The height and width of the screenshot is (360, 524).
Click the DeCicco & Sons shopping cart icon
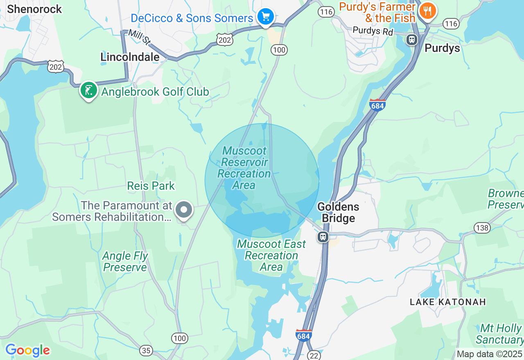point(266,17)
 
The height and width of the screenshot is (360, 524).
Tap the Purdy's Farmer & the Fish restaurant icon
point(427,11)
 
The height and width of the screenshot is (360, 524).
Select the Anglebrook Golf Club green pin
point(88,90)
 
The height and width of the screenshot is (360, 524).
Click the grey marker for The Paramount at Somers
point(184,210)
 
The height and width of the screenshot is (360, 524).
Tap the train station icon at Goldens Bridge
point(323,236)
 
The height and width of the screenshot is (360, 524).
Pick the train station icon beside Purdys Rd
point(411,40)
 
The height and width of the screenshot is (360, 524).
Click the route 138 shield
point(482,227)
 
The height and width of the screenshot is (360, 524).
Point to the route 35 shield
point(146,350)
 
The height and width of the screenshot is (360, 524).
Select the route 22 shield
point(314,355)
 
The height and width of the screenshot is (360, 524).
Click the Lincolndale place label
point(130,57)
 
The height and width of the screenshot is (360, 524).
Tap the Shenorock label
point(34,9)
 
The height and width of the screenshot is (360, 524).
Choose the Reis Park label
point(151,186)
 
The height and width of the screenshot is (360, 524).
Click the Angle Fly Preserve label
point(125,261)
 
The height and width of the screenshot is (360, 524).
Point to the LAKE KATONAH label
point(447,302)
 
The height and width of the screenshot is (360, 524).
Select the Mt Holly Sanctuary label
point(500,334)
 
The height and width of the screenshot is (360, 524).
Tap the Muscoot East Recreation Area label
point(271,255)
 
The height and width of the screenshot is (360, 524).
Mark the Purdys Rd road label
point(373,31)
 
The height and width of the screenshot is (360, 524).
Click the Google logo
point(27,350)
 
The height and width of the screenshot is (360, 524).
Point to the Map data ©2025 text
point(489,354)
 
